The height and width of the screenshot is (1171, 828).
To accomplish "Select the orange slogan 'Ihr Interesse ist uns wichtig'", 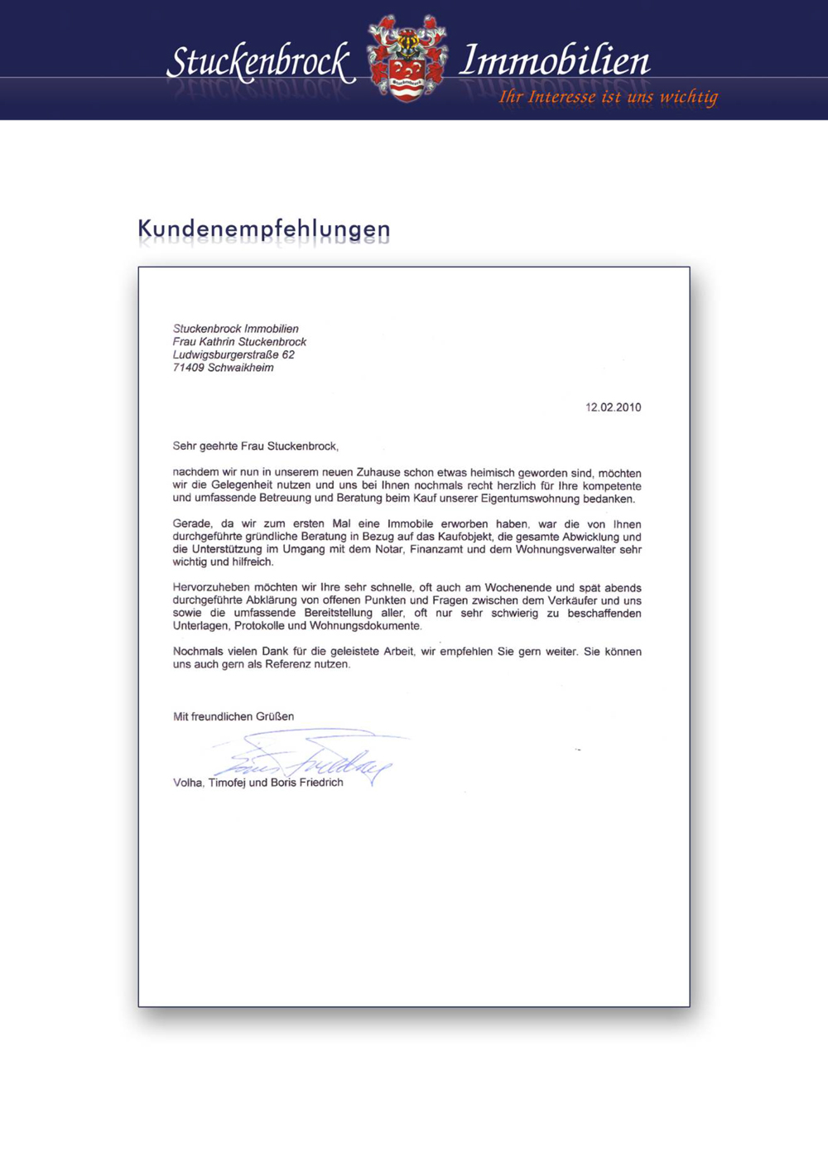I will pyautogui.click(x=608, y=98).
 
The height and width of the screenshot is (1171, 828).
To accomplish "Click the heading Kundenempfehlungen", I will pyautogui.click(x=263, y=229).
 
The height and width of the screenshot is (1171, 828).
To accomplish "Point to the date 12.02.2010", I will pyautogui.click(x=613, y=407).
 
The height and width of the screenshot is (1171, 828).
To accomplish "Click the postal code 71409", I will pyautogui.click(x=188, y=368).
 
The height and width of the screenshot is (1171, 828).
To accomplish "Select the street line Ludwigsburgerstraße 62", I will pyautogui.click(x=233, y=354).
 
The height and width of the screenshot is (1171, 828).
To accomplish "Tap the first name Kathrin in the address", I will pyautogui.click(x=219, y=342).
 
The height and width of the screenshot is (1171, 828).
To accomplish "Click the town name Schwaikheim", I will pyautogui.click(x=241, y=368).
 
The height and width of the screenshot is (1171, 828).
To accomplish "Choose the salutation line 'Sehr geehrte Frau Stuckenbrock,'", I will pyautogui.click(x=255, y=446).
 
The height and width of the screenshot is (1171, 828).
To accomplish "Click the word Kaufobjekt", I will pyautogui.click(x=466, y=537).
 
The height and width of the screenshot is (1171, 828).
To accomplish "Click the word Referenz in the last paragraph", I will pyautogui.click(x=286, y=664).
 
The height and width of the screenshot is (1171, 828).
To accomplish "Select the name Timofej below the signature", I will pyautogui.click(x=226, y=783).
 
